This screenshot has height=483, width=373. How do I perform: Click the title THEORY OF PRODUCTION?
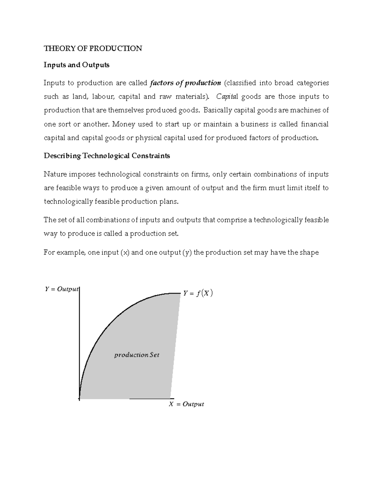click(93, 49)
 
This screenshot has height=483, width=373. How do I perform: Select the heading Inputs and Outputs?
click(76, 65)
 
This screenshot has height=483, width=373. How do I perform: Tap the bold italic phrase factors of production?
click(185, 83)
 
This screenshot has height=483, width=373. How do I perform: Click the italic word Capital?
click(227, 97)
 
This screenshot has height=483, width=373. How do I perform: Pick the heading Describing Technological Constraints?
click(107, 156)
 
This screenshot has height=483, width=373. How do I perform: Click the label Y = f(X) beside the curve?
click(198, 293)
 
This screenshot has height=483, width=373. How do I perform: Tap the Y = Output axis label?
click(62, 289)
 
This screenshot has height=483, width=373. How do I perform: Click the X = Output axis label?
click(186, 404)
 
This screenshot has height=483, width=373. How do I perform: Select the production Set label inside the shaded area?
click(137, 355)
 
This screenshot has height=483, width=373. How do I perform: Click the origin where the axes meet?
click(80, 398)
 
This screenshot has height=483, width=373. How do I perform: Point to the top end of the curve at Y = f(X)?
click(179, 293)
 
